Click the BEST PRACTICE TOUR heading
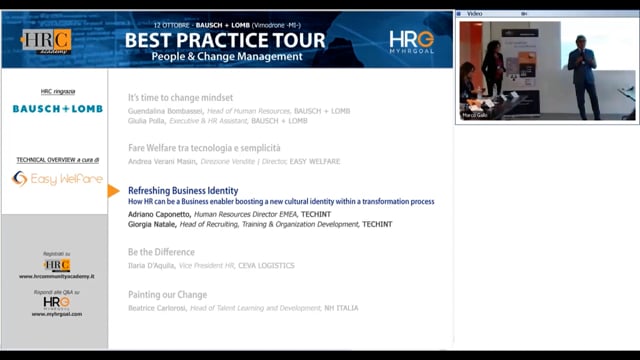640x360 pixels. [225, 40]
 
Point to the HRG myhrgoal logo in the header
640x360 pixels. [412, 41]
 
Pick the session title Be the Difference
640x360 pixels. [161, 252]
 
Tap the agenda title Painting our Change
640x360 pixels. [168, 295]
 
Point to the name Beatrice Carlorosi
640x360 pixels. [159, 308]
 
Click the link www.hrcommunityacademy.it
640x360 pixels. [56, 276]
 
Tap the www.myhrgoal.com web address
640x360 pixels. [56, 314]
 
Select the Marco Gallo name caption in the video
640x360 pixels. [476, 115]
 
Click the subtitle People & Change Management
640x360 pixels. [226, 57]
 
